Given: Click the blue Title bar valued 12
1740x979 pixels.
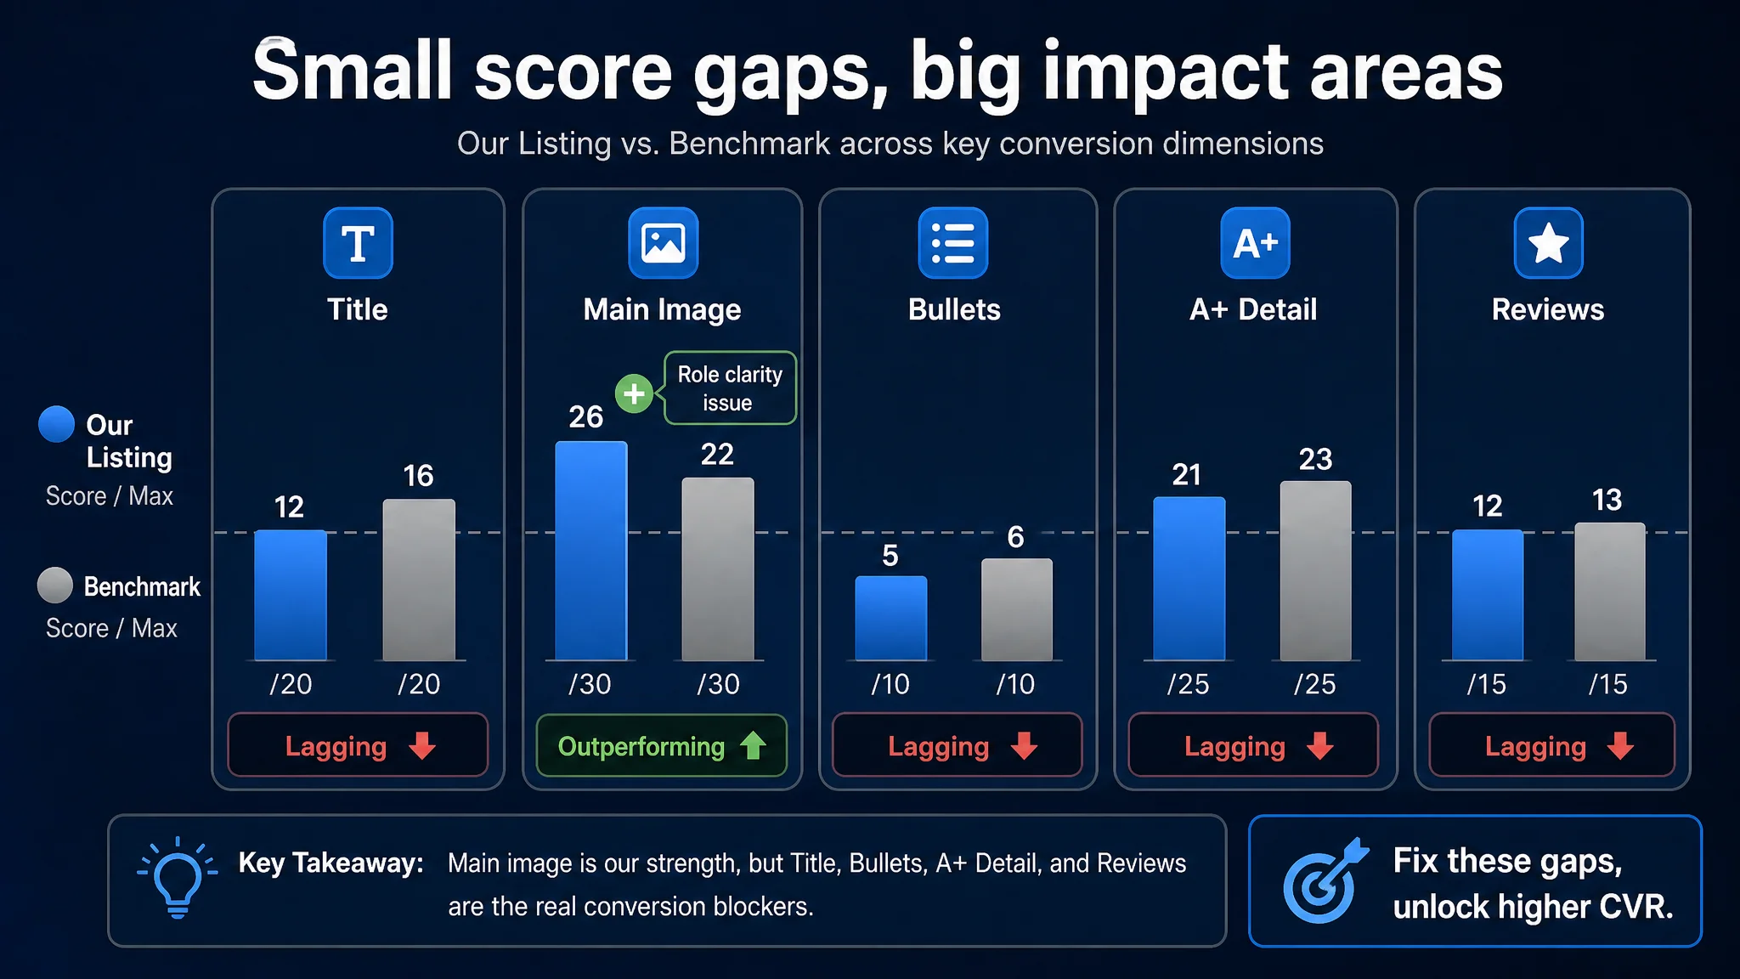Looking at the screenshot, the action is click(x=291, y=595).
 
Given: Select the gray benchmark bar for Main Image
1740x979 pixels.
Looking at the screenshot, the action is click(x=718, y=569).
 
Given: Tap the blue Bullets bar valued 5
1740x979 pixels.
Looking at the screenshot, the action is click(x=890, y=618).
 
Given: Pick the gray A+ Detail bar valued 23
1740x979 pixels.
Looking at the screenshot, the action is click(x=1315, y=571).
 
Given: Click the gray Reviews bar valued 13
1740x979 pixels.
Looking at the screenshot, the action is click(x=1610, y=591).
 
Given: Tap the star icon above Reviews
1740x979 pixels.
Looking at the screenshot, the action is click(x=1548, y=243).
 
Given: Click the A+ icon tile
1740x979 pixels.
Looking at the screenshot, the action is click(x=1255, y=243).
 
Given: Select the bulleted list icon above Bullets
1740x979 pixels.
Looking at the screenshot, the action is click(x=953, y=243).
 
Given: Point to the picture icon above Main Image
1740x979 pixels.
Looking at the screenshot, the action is click(x=663, y=243).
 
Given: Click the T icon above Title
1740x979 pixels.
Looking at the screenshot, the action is click(x=358, y=243).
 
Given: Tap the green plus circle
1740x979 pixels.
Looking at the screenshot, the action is click(x=634, y=393).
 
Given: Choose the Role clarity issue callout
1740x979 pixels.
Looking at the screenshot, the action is click(x=730, y=388).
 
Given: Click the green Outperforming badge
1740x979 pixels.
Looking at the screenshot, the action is click(x=662, y=746).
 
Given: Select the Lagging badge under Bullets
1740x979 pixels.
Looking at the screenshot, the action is click(x=958, y=745).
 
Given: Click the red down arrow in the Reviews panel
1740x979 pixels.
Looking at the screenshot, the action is click(x=1620, y=745).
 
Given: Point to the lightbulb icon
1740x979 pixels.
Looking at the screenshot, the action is click(x=178, y=878).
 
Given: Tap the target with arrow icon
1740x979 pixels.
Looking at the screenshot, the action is click(x=1325, y=881).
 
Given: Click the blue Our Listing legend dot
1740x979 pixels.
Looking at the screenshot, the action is click(x=57, y=424).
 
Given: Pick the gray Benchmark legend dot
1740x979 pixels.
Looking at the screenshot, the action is click(x=55, y=586).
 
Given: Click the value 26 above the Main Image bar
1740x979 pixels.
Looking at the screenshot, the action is click(x=586, y=416).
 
